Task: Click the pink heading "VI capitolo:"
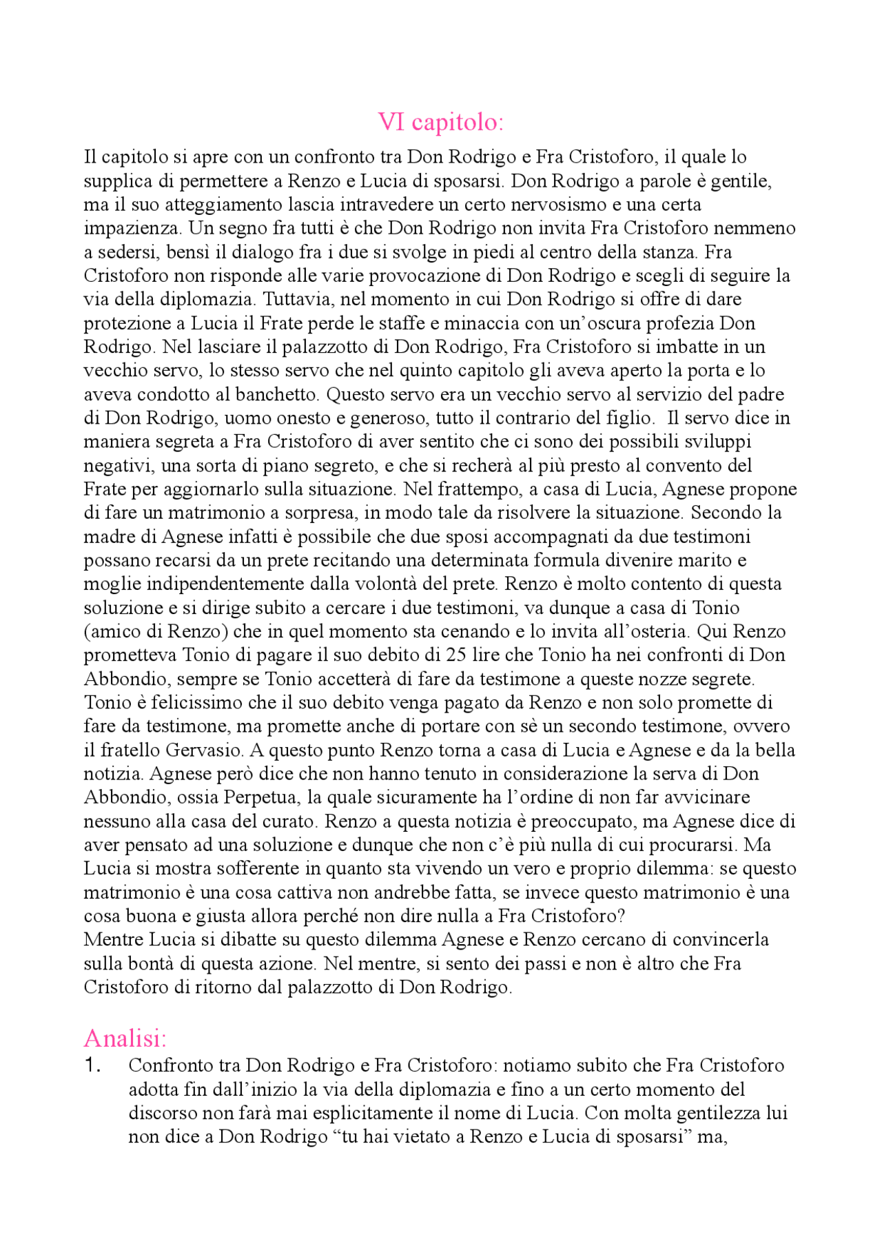[x=441, y=122]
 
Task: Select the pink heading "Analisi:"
[x=125, y=1038]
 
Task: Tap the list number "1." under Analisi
[x=93, y=1065]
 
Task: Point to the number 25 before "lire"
[x=456, y=655]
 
